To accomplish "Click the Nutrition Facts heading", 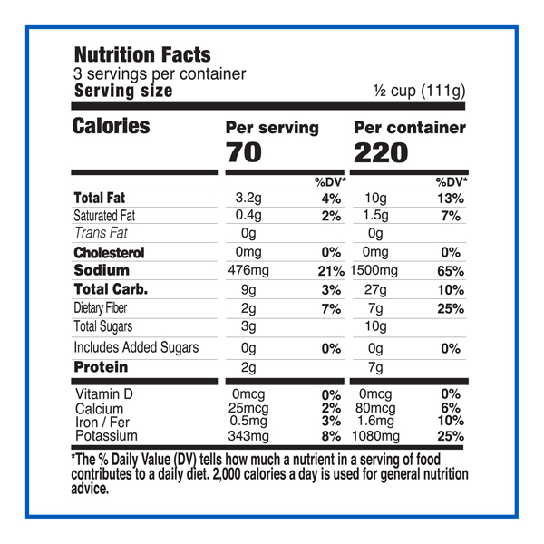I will [141, 55].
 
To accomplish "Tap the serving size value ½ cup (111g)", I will [420, 92].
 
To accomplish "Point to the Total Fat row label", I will [99, 199].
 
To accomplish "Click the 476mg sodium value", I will [254, 271].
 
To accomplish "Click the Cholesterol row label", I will [108, 253].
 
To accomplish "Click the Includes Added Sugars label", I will [135, 347].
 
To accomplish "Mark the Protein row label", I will [100, 367].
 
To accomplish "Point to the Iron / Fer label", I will [102, 423].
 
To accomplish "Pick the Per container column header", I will [409, 128].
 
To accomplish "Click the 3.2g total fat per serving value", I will [248, 199].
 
